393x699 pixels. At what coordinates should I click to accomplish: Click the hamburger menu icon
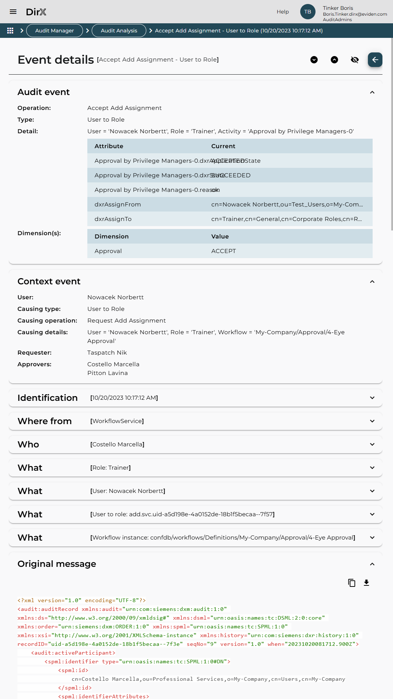point(13,12)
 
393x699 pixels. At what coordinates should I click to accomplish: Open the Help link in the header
point(282,12)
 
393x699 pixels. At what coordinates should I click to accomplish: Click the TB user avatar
point(307,12)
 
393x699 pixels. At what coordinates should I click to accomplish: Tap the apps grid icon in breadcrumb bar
point(10,31)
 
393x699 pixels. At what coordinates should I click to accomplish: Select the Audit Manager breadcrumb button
point(55,31)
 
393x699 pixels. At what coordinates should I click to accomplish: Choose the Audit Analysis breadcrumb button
point(119,31)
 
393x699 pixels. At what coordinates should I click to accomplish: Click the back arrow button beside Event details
point(375,60)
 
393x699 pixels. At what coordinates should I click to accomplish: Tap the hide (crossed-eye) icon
point(354,60)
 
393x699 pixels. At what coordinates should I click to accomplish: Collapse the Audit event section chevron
point(372,92)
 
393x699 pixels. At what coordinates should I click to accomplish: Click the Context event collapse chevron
point(372,282)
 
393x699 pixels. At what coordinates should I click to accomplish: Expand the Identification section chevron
point(372,398)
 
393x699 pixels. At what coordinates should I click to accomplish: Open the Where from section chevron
point(372,421)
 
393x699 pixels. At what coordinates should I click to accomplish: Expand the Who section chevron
point(372,445)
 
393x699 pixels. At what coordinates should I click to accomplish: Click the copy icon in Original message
point(352,583)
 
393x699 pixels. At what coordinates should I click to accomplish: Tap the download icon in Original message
point(366,583)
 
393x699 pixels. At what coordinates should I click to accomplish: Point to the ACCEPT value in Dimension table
point(223,251)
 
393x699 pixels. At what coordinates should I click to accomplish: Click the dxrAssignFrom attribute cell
point(118,204)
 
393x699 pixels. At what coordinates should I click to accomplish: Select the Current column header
point(223,146)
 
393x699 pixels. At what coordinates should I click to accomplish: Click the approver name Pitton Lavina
point(107,373)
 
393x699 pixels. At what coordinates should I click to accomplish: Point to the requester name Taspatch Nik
point(107,352)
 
